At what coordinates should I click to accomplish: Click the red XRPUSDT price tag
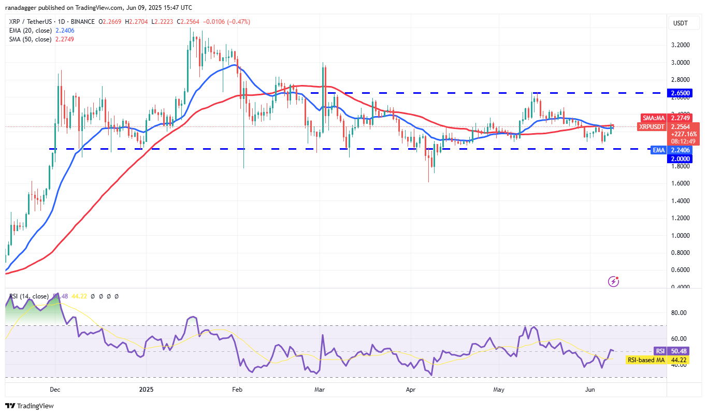(652, 126)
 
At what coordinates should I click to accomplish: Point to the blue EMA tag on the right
(658, 150)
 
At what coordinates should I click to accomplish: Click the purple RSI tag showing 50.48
(660, 351)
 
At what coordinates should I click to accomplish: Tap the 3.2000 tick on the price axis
(680, 45)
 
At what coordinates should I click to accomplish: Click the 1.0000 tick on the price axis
(680, 235)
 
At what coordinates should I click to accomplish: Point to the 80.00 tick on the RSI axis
(679, 313)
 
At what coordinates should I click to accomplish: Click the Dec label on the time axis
(55, 389)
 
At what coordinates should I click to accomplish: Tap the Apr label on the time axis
(411, 389)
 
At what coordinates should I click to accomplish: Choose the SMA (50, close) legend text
(30, 39)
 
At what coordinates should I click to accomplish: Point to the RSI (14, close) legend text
(29, 296)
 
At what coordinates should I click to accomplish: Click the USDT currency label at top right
(680, 23)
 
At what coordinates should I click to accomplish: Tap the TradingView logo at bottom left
(30, 406)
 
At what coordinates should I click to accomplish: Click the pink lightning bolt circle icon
(613, 281)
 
